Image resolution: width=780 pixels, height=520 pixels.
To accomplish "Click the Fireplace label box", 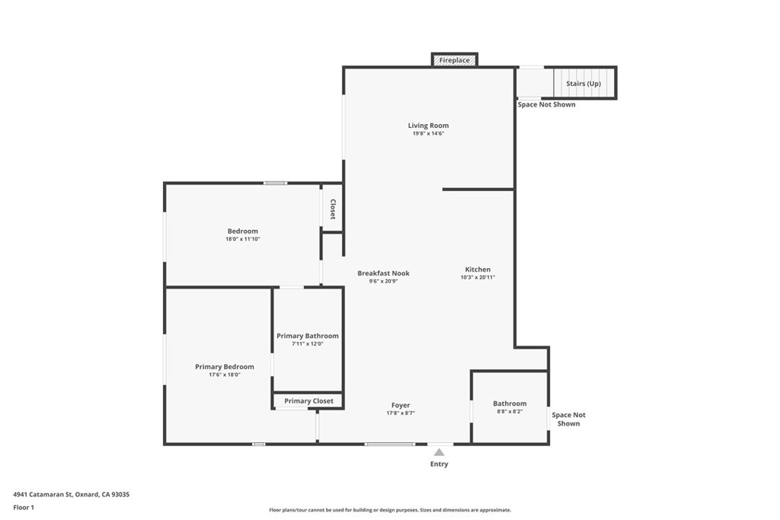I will [455, 60].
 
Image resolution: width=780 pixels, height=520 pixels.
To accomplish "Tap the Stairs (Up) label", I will [583, 83].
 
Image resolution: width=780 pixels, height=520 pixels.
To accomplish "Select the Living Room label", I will [428, 126].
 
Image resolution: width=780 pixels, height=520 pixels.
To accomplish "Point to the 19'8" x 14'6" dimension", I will [428, 134].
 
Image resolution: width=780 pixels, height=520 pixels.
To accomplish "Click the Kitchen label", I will [478, 270].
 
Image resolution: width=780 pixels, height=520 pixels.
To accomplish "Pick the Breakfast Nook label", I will [384, 273].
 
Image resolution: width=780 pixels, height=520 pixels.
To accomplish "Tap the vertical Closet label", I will [333, 210].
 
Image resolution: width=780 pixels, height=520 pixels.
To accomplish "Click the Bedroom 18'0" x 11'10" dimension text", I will [242, 239].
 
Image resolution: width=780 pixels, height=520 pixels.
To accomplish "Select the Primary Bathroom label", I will [308, 336].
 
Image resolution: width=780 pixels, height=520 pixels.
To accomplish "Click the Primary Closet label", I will [308, 401].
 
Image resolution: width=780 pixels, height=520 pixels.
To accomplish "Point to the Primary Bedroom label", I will [224, 367].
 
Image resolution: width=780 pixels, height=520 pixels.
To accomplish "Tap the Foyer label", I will [401, 406].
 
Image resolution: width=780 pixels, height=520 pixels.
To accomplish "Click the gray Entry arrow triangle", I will [440, 452].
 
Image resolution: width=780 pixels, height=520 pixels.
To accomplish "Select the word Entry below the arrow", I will [440, 464].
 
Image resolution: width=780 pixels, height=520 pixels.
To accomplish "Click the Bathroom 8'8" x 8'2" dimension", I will [510, 412].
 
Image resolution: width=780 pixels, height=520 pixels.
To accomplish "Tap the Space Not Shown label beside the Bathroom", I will [569, 420].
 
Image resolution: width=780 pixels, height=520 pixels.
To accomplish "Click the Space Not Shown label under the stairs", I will [546, 104].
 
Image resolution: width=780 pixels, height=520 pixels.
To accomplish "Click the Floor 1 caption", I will [24, 507].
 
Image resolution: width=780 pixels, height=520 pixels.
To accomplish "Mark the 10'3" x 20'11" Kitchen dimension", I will [478, 278].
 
